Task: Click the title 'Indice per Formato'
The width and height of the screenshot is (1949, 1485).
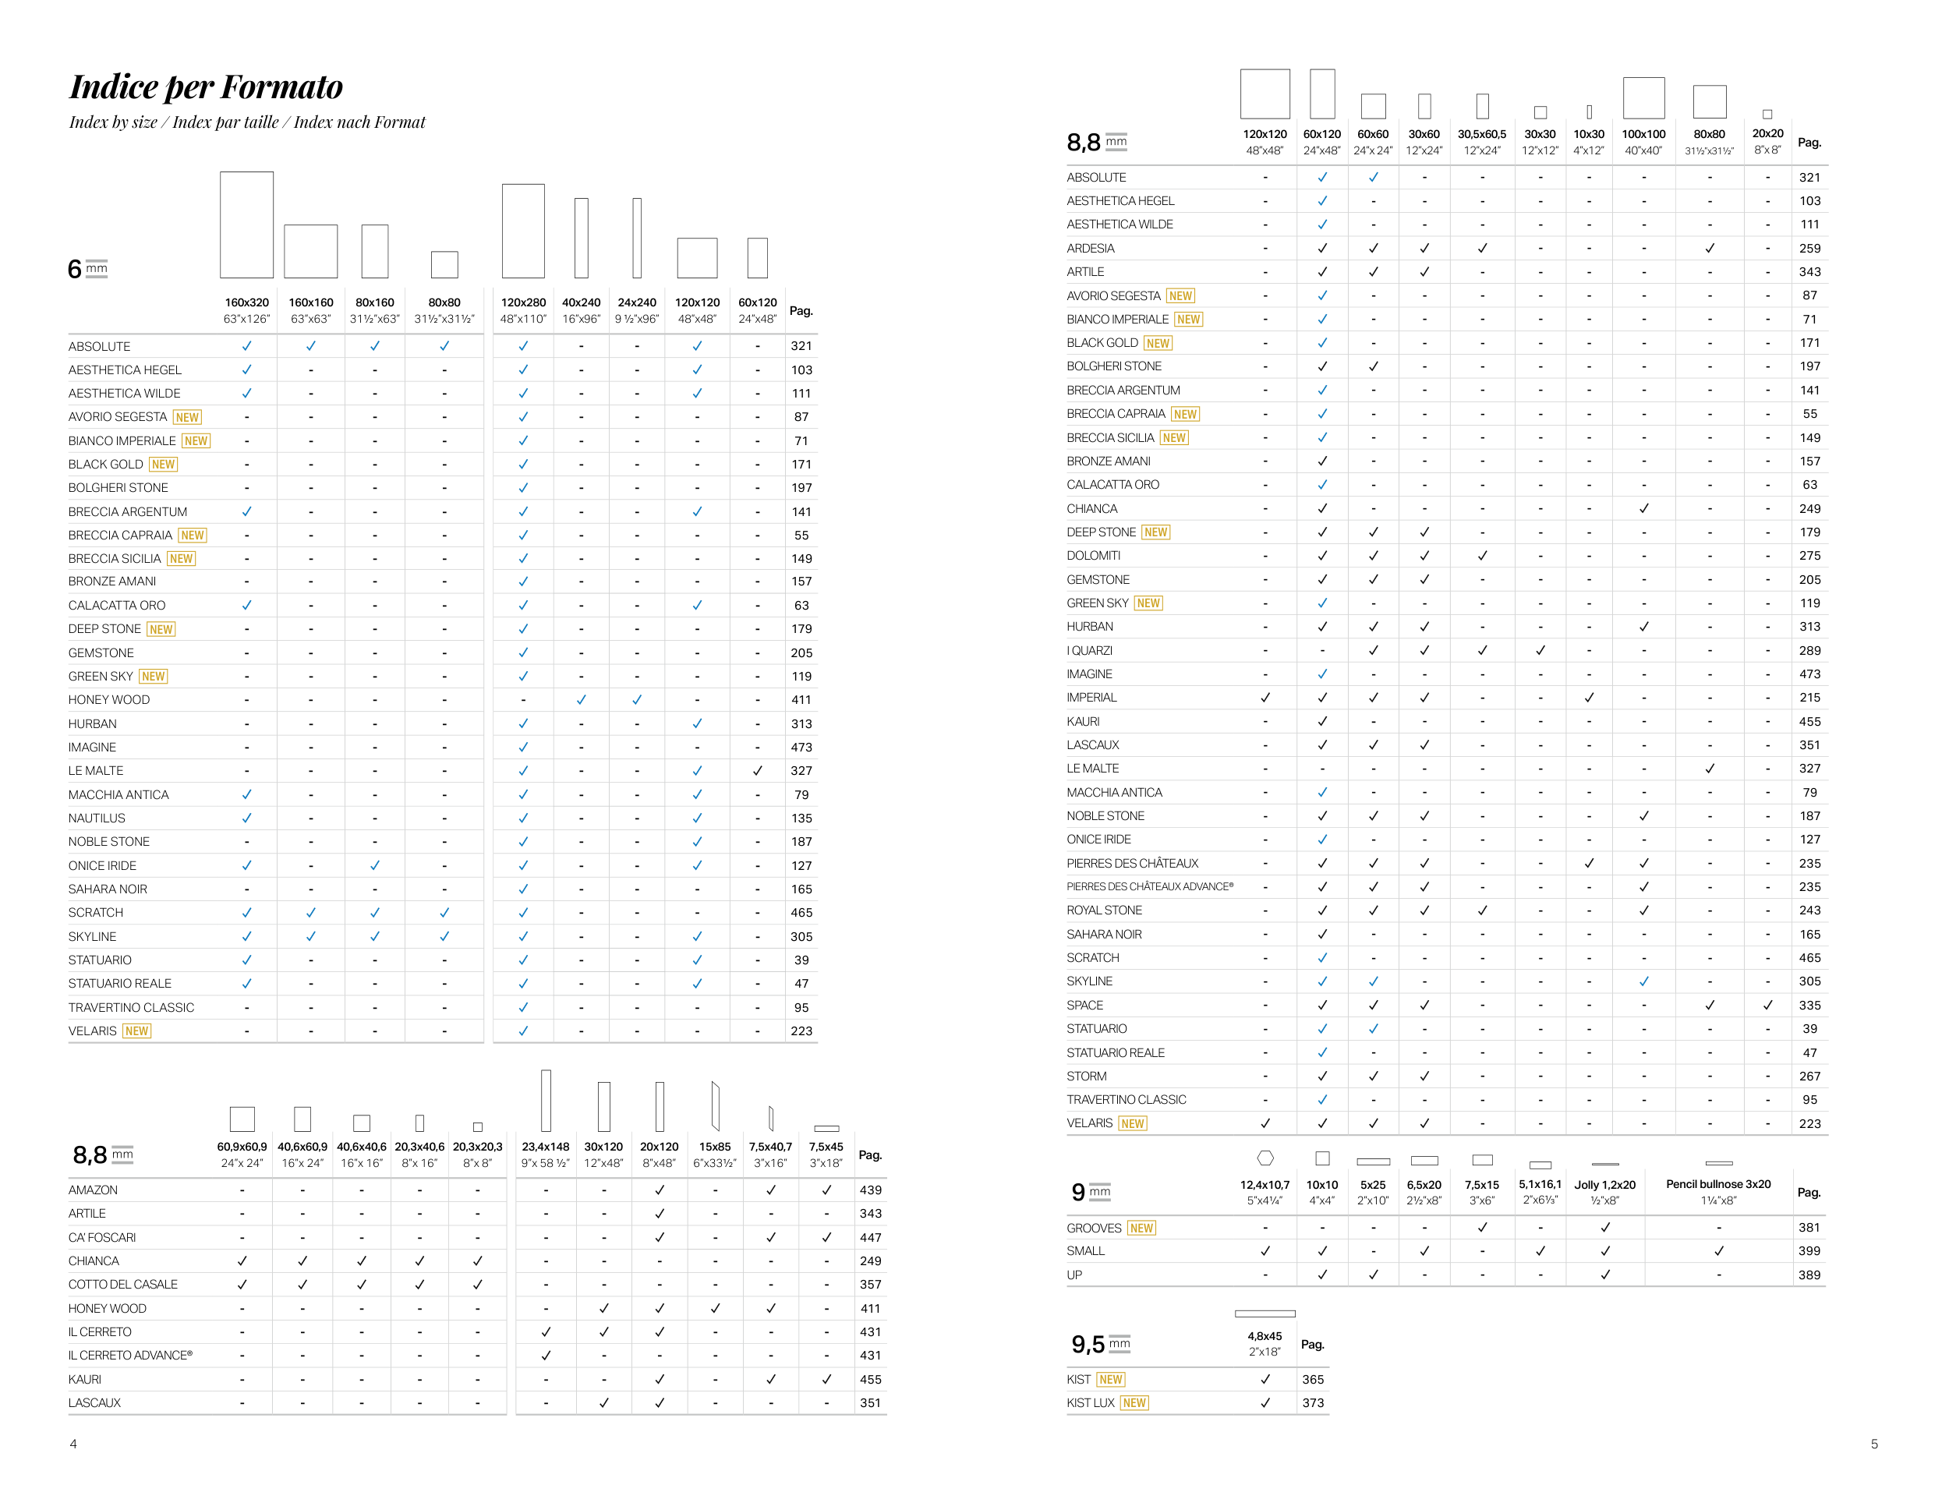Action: pyautogui.click(x=206, y=87)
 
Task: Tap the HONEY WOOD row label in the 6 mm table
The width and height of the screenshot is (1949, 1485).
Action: pyautogui.click(x=108, y=700)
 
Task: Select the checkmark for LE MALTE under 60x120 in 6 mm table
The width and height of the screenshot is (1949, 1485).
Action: pyautogui.click(x=758, y=771)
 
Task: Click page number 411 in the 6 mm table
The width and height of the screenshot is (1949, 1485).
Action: pyautogui.click(x=801, y=700)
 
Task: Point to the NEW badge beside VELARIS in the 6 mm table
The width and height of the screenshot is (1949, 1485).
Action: pyautogui.click(x=137, y=1031)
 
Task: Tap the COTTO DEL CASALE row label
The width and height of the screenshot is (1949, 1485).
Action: pyautogui.click(x=123, y=1285)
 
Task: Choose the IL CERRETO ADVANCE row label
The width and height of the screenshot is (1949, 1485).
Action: pyautogui.click(x=130, y=1356)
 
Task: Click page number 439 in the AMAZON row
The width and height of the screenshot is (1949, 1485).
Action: pyautogui.click(x=870, y=1190)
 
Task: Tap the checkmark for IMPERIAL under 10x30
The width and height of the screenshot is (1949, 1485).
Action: pyautogui.click(x=1588, y=698)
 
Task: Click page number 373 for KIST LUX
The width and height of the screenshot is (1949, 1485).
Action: pyautogui.click(x=1313, y=1403)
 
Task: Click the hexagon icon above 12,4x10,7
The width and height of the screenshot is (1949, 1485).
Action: pyautogui.click(x=1265, y=1158)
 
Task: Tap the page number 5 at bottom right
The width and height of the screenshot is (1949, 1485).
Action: pyautogui.click(x=1874, y=1444)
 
